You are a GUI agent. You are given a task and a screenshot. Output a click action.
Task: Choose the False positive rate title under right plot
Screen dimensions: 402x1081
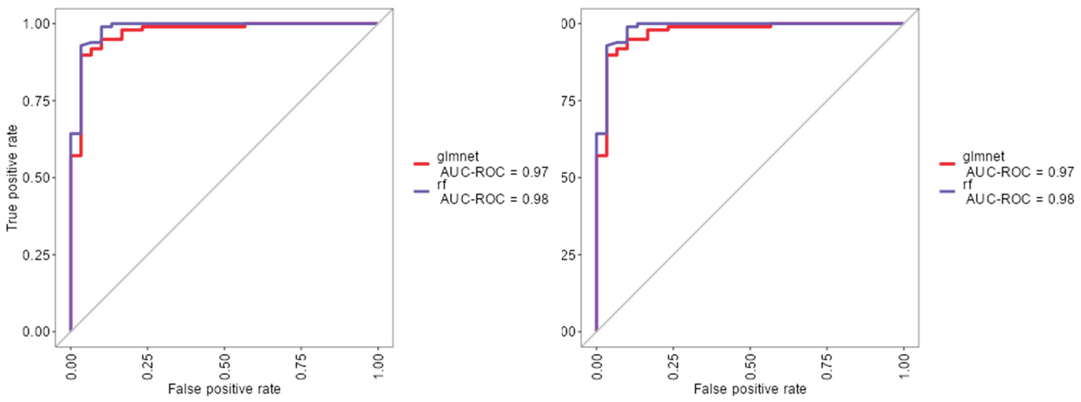(x=750, y=389)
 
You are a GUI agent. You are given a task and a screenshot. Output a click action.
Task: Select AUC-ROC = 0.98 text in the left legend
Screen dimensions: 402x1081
(x=494, y=199)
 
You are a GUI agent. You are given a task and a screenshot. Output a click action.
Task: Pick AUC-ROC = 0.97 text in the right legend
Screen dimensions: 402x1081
(x=1020, y=172)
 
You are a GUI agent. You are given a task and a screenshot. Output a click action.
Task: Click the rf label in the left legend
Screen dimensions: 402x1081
(x=441, y=184)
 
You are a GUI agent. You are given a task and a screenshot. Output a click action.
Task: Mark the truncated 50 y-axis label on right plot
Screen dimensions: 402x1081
(x=567, y=178)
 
